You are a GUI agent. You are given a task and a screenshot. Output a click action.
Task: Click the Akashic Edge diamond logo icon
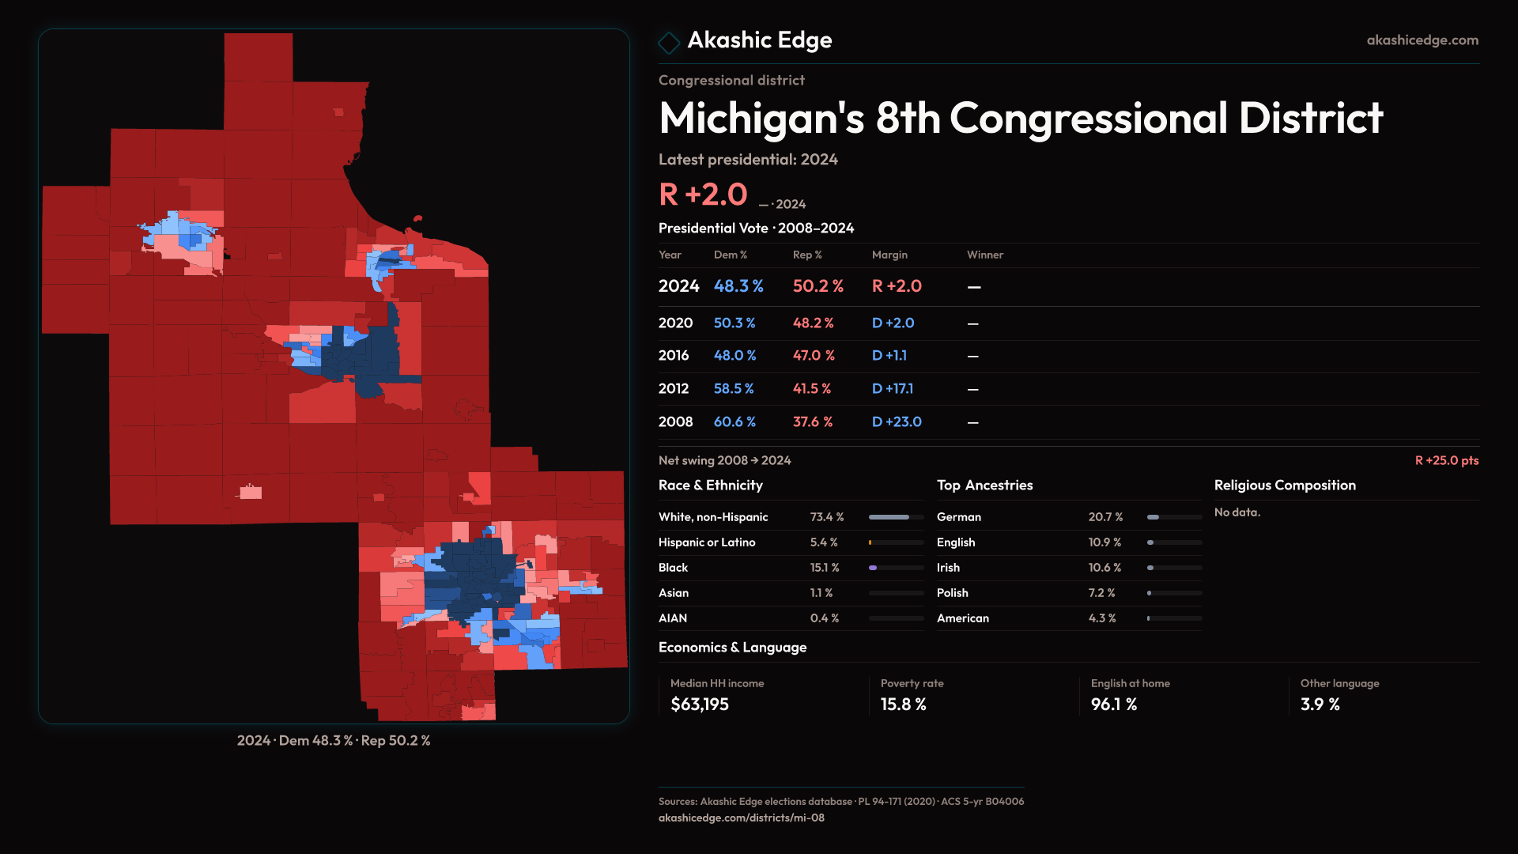(669, 42)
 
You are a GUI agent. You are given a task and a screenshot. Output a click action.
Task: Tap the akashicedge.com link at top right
(1422, 40)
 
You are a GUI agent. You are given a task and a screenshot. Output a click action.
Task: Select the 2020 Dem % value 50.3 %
(734, 323)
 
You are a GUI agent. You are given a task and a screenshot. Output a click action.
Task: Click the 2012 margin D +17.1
(892, 389)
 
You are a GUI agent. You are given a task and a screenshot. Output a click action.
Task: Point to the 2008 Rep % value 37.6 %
(812, 422)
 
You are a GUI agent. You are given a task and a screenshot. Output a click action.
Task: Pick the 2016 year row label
(674, 356)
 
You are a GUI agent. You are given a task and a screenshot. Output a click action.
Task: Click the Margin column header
(889, 255)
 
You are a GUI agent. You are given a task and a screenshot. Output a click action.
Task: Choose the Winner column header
(984, 255)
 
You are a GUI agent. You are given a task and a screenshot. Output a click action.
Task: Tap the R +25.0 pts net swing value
(1446, 460)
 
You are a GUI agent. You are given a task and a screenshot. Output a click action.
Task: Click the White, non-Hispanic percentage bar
(896, 517)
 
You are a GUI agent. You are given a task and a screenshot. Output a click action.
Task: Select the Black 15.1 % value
(824, 568)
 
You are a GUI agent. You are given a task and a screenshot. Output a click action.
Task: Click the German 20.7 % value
(1105, 517)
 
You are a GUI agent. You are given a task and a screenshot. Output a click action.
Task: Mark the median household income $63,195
(699, 705)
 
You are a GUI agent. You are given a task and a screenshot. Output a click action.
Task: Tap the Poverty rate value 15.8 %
(903, 705)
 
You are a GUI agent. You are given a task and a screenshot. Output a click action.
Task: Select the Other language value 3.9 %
(1320, 705)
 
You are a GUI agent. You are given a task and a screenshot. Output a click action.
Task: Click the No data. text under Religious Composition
(1237, 512)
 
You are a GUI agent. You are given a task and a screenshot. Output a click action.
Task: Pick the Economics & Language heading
(732, 648)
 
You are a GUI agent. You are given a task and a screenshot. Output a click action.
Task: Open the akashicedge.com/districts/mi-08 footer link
(741, 818)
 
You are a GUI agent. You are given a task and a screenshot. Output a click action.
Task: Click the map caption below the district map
(334, 741)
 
